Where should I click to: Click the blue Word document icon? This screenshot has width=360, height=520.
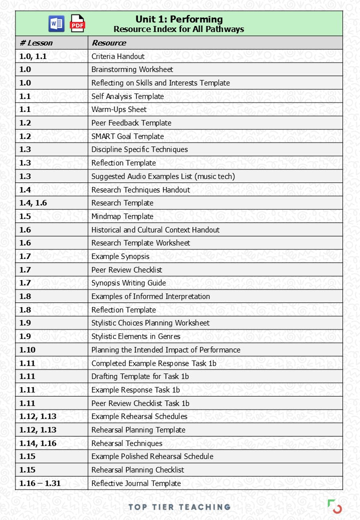(56, 23)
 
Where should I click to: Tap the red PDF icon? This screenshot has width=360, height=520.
(77, 23)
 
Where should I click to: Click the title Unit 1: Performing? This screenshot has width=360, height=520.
(178, 19)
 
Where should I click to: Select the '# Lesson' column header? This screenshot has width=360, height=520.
(36, 43)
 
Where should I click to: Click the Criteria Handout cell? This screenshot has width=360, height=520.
(118, 56)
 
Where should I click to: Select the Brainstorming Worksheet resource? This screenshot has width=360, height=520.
(132, 69)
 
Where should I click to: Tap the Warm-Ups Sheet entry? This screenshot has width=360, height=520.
(119, 109)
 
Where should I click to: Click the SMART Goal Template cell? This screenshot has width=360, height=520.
(127, 136)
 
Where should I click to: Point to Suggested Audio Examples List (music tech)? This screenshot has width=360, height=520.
(163, 176)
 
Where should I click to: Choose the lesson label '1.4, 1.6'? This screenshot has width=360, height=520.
(33, 203)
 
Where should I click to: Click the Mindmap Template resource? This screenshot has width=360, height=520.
(122, 216)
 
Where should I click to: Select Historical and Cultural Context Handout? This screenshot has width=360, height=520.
(155, 230)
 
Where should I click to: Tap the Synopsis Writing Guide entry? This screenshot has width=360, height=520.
(128, 283)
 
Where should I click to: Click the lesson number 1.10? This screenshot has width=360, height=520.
(27, 350)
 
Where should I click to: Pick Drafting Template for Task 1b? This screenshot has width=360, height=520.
(140, 376)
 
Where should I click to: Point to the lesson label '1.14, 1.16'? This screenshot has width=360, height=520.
(37, 443)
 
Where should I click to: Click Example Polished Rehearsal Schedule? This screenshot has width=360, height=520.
(152, 456)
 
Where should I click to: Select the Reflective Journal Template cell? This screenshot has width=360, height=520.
(136, 483)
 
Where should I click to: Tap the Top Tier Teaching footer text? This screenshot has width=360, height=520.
(179, 507)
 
